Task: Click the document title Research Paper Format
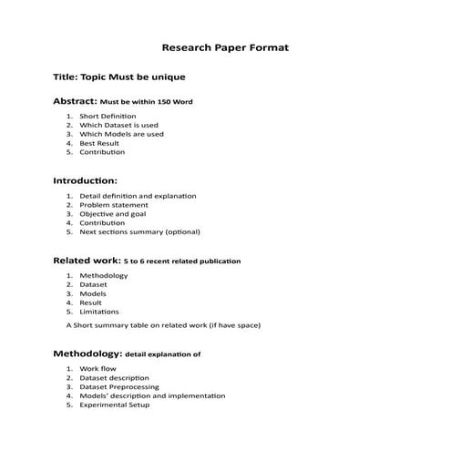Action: coord(225,46)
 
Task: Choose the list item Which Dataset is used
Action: coord(118,126)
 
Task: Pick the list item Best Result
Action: coord(99,143)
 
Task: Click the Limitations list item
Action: coord(99,312)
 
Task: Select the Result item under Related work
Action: coord(91,302)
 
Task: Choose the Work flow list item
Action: coord(97,369)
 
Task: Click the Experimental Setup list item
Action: coord(115,405)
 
